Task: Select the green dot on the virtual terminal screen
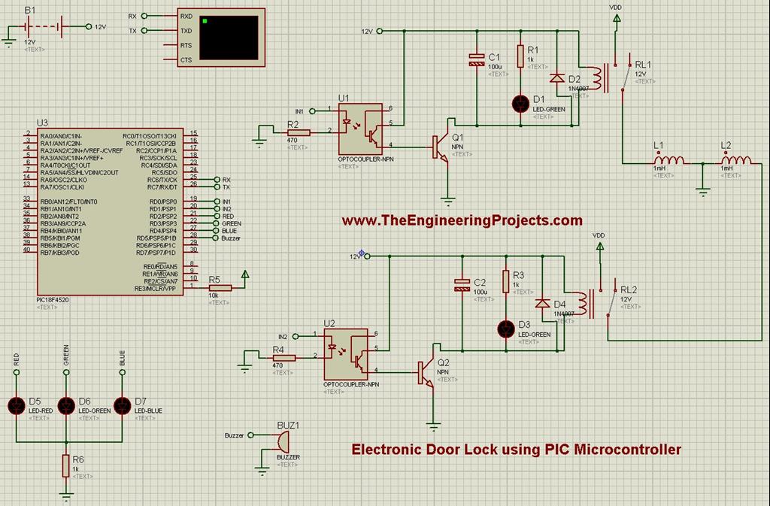click(x=204, y=20)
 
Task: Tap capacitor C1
click(x=475, y=59)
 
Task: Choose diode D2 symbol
click(x=556, y=78)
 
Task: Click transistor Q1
click(x=441, y=147)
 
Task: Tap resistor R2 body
click(x=298, y=132)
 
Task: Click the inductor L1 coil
click(x=668, y=159)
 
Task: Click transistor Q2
click(x=426, y=371)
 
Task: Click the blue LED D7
click(x=122, y=405)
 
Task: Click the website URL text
click(x=462, y=220)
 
